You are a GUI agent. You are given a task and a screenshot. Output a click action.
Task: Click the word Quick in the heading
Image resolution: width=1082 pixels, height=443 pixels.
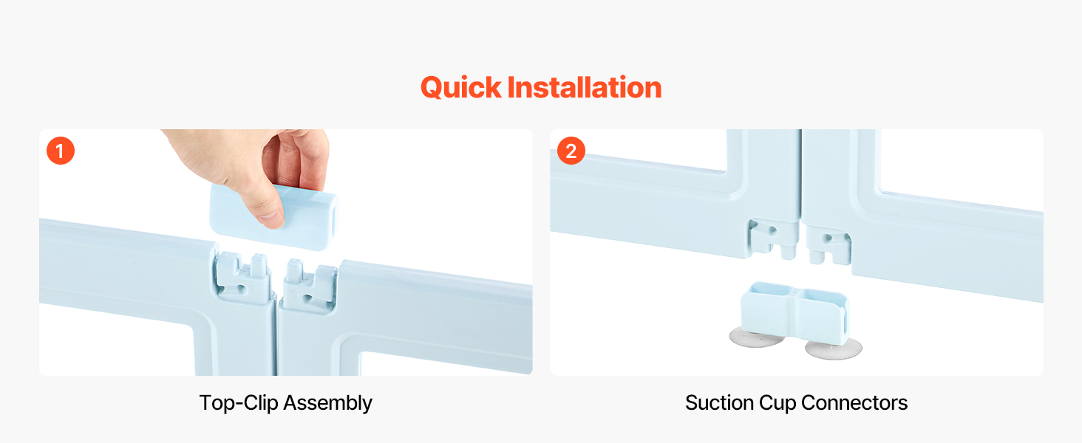461,88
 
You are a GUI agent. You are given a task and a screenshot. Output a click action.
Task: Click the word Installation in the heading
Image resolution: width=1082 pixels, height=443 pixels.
585,87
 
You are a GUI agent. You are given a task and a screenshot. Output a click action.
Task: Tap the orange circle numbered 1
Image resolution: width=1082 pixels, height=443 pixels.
61,151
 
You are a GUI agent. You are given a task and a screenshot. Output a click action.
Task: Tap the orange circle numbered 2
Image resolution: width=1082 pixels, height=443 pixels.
571,151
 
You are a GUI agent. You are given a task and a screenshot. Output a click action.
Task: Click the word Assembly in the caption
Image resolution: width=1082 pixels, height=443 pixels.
328,403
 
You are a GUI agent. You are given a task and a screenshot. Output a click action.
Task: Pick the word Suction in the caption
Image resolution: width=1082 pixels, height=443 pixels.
720,403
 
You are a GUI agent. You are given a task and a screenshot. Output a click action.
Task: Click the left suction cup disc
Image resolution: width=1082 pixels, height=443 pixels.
756,337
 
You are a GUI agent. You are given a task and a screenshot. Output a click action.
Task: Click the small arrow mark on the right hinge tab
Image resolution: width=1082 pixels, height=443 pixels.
294,293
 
